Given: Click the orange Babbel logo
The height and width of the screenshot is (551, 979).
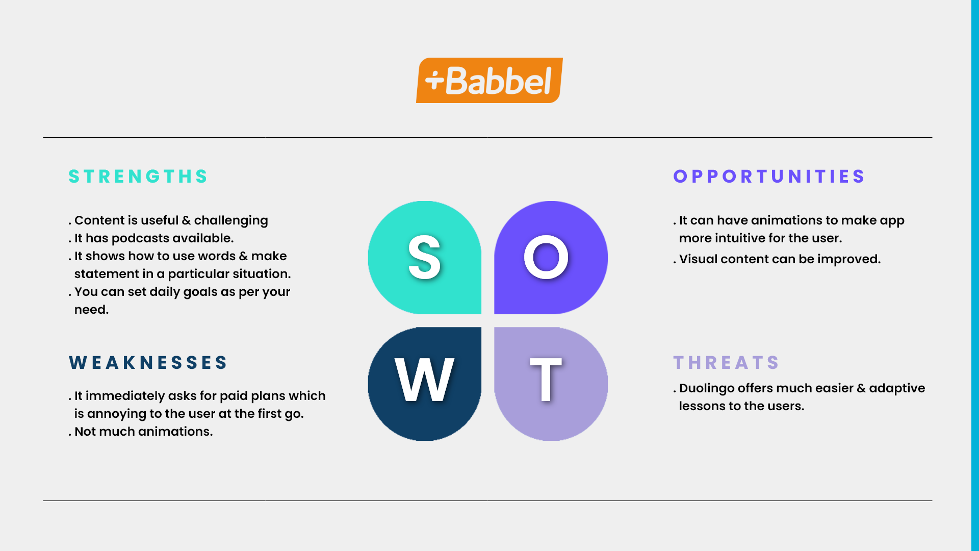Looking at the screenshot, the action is pyautogui.click(x=489, y=80).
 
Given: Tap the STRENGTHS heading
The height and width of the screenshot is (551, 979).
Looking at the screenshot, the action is pyautogui.click(x=138, y=177).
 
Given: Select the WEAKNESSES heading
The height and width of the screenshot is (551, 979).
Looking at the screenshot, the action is pyautogui.click(x=148, y=363).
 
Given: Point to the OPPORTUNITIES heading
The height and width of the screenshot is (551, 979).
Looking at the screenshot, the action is pyautogui.click(x=769, y=177).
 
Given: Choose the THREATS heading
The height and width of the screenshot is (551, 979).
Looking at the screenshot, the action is pyautogui.click(x=726, y=363).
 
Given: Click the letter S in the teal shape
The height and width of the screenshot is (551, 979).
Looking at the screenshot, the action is pyautogui.click(x=424, y=258).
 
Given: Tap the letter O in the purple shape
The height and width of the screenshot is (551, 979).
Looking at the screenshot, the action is pyautogui.click(x=546, y=258).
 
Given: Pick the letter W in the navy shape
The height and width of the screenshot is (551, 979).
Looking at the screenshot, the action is pyautogui.click(x=424, y=380).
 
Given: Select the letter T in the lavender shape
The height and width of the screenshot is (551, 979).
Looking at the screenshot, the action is pyautogui.click(x=546, y=380).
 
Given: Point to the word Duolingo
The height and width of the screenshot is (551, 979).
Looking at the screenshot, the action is pyautogui.click(x=707, y=389).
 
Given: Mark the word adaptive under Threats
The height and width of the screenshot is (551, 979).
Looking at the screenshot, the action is pyautogui.click(x=897, y=389).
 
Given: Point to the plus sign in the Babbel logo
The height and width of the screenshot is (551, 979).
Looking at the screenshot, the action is pyautogui.click(x=435, y=80).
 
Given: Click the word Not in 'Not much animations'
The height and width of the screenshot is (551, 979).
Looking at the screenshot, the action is pyautogui.click(x=85, y=432).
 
